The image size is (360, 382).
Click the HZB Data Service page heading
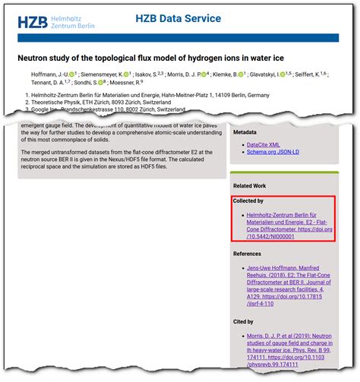(178, 18)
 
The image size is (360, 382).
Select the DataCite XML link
(264, 144)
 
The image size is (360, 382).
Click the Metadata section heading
(250, 131)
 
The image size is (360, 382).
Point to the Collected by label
(249, 200)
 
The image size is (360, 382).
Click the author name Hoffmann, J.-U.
(46, 74)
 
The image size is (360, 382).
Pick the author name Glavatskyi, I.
(270, 74)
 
